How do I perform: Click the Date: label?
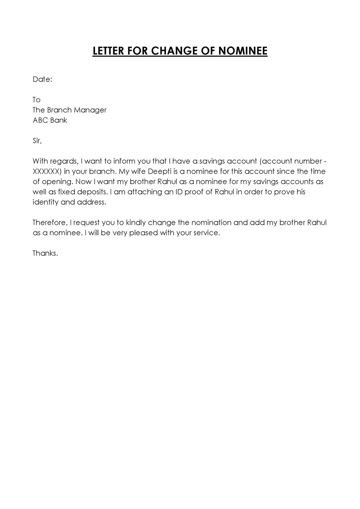coord(42,79)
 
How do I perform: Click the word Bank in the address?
coord(59,120)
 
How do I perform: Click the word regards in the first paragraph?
coord(64,162)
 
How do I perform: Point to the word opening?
coord(56,182)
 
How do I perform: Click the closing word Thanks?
coord(45,253)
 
